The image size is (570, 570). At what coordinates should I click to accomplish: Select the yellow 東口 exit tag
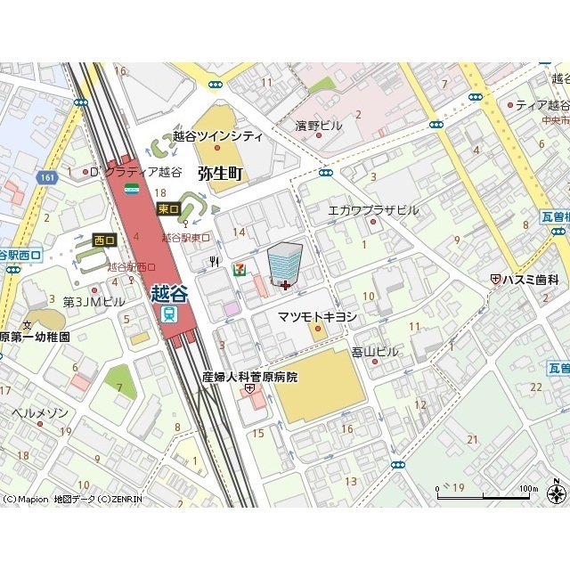coord(167,208)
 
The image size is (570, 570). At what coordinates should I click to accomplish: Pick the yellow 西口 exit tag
coord(105,240)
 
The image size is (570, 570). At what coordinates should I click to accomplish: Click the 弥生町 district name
coord(221,172)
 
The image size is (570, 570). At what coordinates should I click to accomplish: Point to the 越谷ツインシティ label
coord(218,136)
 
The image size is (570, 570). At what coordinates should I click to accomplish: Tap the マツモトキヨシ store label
coord(317,317)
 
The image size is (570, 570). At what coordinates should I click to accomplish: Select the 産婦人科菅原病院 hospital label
coord(249,377)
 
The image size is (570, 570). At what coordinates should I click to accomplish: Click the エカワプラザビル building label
coord(373,210)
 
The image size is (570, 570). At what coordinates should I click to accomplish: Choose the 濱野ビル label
coord(319,126)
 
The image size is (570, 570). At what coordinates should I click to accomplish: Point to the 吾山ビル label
coord(375,352)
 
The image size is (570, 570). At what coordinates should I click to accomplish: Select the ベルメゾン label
coord(39,413)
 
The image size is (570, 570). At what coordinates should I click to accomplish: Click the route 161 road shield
coord(46,179)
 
